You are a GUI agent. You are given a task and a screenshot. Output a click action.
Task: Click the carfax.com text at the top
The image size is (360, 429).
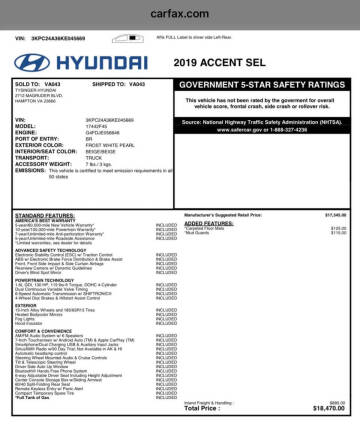coord(180,14)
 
